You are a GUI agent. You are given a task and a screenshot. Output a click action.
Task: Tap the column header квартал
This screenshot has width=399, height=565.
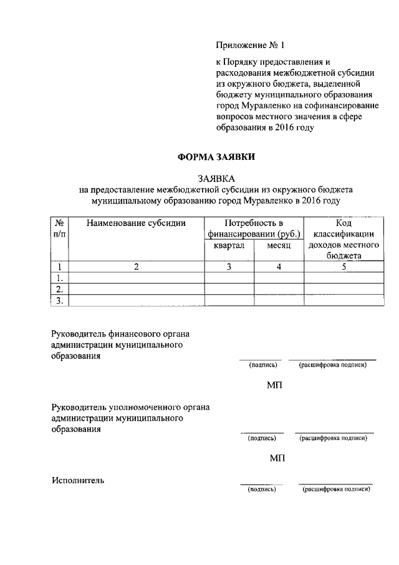point(229,246)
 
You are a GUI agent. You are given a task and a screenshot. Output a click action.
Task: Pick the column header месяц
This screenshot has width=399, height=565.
point(279,246)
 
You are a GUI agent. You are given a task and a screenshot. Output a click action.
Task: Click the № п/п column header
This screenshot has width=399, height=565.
point(59,228)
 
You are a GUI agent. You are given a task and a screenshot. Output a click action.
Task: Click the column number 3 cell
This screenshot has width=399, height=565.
point(229,267)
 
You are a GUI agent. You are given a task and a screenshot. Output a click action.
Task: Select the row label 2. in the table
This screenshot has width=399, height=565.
point(60,289)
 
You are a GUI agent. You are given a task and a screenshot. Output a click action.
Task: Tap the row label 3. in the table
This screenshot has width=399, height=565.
point(60,300)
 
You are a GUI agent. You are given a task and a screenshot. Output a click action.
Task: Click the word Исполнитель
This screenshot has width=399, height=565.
point(78,480)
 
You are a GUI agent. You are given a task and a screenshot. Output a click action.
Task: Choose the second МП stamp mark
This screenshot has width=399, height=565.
point(277,458)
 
